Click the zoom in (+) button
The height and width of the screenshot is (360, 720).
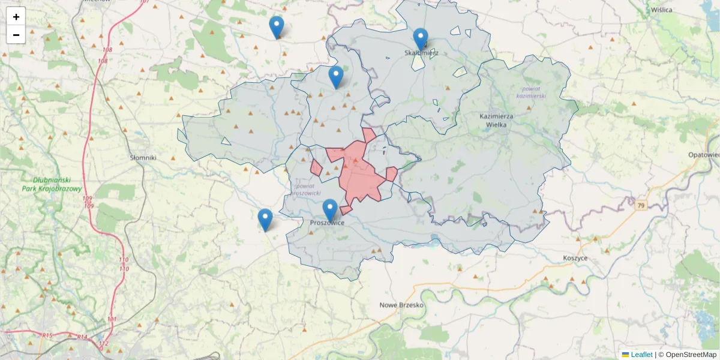coord(16,17)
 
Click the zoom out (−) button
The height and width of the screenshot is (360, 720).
coord(16,35)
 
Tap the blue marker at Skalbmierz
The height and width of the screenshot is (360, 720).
coord(421,39)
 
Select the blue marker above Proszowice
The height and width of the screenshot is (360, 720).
coord(330,210)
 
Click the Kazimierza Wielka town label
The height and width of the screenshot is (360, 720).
coord(493,120)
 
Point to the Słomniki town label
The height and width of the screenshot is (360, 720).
coord(143,157)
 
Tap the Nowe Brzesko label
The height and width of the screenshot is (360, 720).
coord(402,305)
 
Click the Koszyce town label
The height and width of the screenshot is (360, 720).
coord(575,258)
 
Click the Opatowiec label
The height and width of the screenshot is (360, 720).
coord(704,154)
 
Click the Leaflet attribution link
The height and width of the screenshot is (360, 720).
coord(641,355)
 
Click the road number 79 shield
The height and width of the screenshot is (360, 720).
coord(641,206)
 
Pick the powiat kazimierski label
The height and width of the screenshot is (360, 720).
coord(530,92)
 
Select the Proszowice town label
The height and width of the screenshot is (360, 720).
coord(328,223)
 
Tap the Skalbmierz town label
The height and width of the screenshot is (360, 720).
coord(422,53)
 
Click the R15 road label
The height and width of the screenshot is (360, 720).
coord(48,335)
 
